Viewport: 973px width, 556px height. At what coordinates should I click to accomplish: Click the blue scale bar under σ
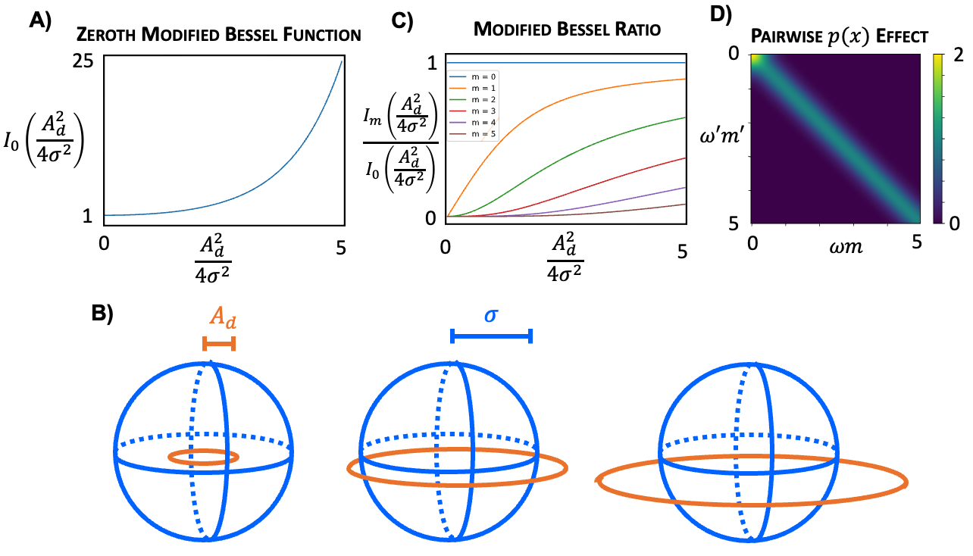click(x=491, y=336)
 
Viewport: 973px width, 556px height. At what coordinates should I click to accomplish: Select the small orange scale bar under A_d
click(x=219, y=344)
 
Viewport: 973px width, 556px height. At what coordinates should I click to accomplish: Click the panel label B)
click(x=102, y=314)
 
